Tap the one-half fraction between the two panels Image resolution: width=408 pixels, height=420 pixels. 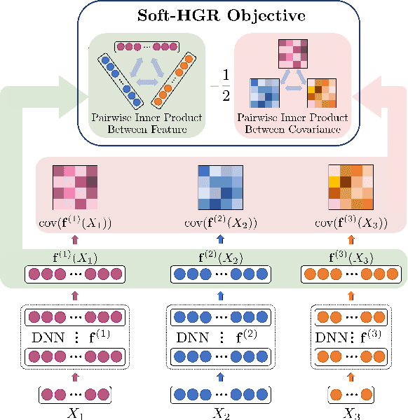[224, 86]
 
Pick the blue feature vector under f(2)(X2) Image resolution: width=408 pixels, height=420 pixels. [220, 272]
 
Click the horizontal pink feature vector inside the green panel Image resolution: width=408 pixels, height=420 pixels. [146, 47]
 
